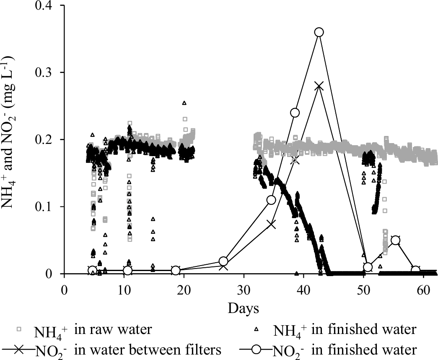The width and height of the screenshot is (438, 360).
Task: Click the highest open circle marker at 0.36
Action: [x=319, y=32]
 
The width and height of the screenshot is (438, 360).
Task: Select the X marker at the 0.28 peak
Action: [x=319, y=86]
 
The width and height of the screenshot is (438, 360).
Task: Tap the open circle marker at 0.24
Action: [x=295, y=112]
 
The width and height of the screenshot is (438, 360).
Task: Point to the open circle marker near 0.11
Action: [x=271, y=200]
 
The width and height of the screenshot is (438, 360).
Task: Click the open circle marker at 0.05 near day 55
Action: [x=395, y=240]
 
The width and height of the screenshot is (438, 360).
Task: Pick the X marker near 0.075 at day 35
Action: [x=271, y=224]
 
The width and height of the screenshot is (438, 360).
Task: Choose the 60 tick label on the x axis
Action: [x=423, y=290]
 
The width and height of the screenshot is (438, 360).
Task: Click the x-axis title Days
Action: [x=243, y=308]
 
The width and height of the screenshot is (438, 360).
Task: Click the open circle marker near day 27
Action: [x=223, y=261]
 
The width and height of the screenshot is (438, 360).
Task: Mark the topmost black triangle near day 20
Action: [x=184, y=103]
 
